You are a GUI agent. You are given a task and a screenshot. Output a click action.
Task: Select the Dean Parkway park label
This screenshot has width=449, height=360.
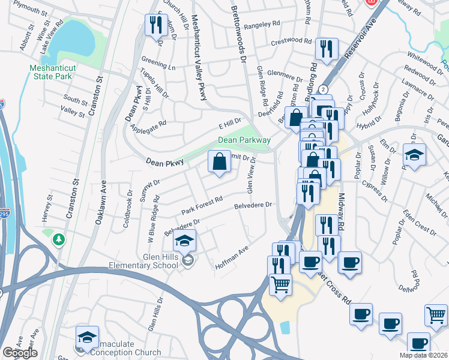[x=244, y=140]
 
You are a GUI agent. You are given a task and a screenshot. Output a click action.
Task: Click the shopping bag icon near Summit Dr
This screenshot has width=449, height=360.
[x=219, y=161]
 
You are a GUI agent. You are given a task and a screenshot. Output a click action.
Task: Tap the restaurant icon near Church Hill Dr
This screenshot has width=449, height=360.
[x=154, y=26]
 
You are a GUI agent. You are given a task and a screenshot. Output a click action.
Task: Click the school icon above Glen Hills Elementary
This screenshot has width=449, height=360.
[x=185, y=241]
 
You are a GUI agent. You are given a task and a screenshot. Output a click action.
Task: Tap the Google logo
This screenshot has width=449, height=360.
[x=20, y=353]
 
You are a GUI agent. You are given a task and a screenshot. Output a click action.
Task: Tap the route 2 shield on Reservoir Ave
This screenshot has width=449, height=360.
[x=324, y=89]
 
